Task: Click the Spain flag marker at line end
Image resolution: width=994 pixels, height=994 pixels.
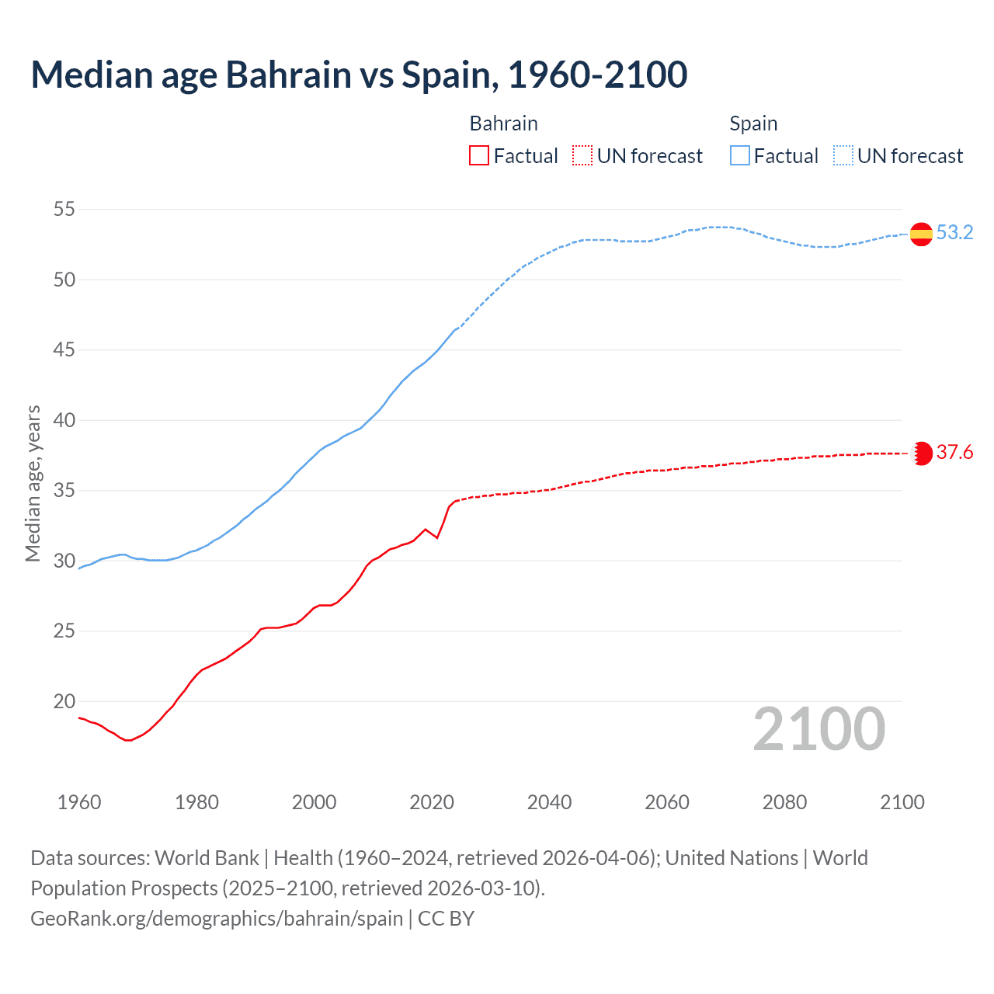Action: click(921, 234)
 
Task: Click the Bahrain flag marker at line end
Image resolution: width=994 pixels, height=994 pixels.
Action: click(921, 454)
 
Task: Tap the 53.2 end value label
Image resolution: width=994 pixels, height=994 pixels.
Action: click(954, 233)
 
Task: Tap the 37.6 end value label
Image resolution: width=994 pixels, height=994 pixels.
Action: click(954, 453)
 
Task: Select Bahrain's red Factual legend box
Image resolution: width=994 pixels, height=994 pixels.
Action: click(479, 156)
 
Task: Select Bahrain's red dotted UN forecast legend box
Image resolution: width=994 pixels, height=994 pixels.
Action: click(582, 156)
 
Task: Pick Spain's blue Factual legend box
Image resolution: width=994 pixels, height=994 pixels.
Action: click(740, 156)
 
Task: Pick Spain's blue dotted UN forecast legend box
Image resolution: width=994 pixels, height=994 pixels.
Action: click(843, 156)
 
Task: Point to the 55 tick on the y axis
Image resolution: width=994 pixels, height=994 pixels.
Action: click(64, 210)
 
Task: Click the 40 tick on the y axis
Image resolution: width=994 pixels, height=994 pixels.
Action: click(64, 420)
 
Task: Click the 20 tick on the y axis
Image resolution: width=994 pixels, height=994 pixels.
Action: click(64, 701)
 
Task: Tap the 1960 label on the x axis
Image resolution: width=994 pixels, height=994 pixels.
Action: click(79, 802)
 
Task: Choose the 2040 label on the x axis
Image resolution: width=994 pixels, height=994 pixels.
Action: click(549, 802)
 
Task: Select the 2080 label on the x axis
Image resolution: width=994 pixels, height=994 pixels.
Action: click(784, 802)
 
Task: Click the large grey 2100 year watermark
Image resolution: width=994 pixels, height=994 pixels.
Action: click(818, 729)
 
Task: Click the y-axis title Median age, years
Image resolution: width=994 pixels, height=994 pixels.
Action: click(33, 483)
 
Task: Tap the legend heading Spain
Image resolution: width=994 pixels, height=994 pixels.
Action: click(753, 123)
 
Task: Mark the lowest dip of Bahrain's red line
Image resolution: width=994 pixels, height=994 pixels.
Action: click(128, 740)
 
